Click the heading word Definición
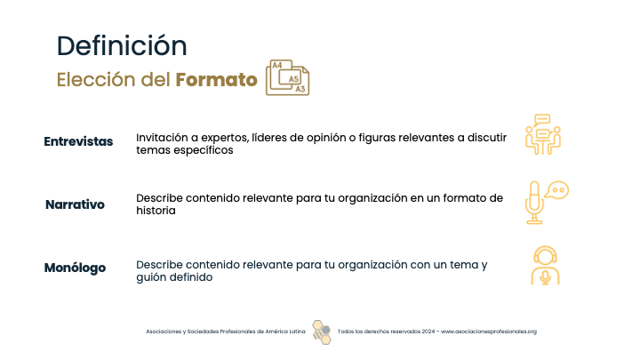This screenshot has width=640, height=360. coord(122,45)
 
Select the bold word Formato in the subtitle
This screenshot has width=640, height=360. coord(216,80)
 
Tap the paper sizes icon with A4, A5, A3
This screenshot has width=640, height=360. coord(287,77)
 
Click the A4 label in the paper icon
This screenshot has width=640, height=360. coord(277,65)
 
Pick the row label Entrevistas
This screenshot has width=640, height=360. coord(78,141)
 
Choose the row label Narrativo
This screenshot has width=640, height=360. coord(75,204)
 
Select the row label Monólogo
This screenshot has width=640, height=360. coord(75,268)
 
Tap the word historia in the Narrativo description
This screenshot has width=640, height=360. coord(156,211)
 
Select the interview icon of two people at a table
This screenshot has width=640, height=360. coord(543,134)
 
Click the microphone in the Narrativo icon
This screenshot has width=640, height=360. coord(534,203)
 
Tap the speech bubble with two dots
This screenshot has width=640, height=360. coord(557,190)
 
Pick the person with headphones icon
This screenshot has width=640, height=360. coord(545,265)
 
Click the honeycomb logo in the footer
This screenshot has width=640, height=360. coord(322,332)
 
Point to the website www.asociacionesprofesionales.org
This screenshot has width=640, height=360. coord(489,332)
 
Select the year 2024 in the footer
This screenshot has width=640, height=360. coord(428,332)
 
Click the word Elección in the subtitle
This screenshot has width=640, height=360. coord(96,80)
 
